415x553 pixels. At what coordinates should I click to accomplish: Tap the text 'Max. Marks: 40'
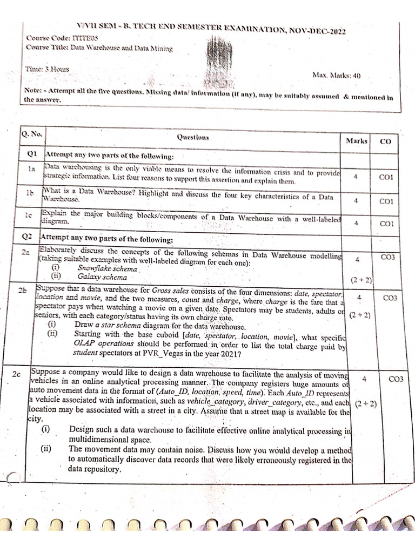pyautogui.click(x=337, y=76)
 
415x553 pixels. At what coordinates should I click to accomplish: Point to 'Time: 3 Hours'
pyautogui.click(x=47, y=70)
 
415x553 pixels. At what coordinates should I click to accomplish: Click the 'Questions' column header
pyautogui.click(x=193, y=138)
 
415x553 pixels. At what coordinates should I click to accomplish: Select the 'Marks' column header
pyautogui.click(x=357, y=140)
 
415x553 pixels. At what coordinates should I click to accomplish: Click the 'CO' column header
pyautogui.click(x=386, y=141)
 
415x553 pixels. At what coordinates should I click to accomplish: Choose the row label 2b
pyautogui.click(x=23, y=291)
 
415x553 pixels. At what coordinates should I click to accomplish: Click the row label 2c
pyautogui.click(x=17, y=374)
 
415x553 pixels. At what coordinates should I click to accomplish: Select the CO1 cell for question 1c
pyautogui.click(x=386, y=223)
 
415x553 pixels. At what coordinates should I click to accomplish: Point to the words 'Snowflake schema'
pyautogui.click(x=107, y=268)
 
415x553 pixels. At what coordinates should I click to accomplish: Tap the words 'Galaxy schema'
pyautogui.click(x=102, y=277)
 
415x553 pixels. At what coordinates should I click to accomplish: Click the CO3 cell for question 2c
pyautogui.click(x=396, y=379)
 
